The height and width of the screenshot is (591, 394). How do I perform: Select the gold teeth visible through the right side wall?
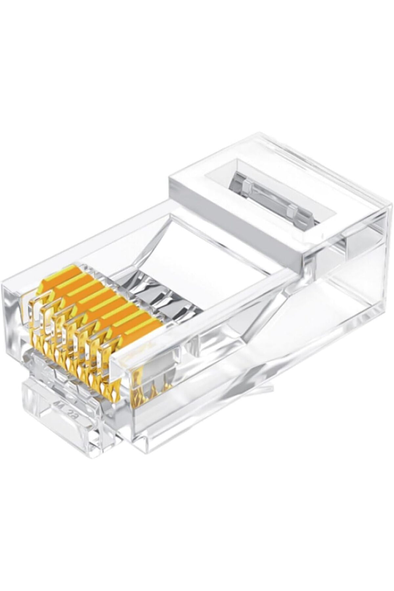tap(153, 387)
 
